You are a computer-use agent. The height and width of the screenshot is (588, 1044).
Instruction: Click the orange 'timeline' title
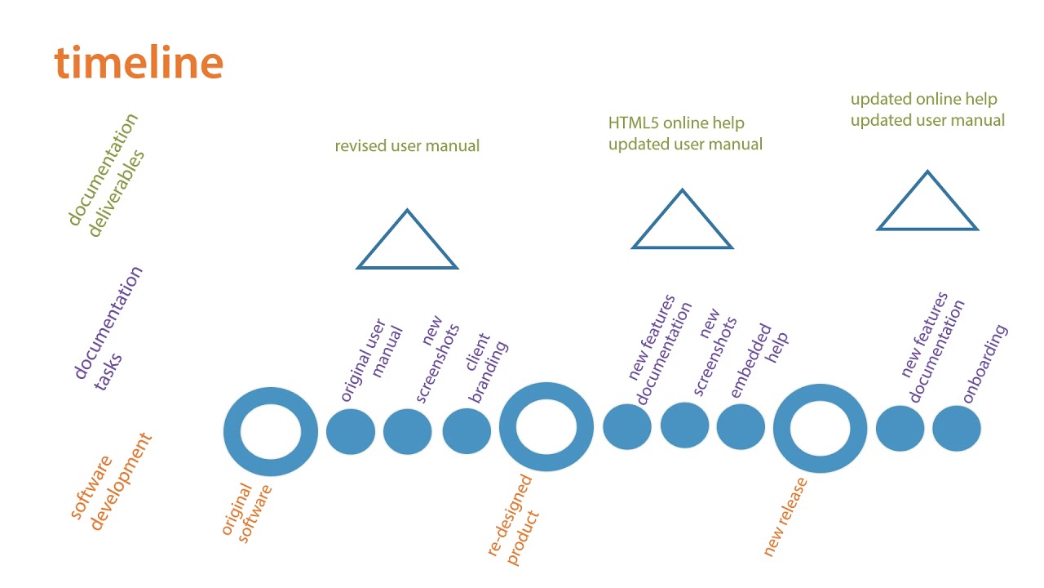tap(139, 62)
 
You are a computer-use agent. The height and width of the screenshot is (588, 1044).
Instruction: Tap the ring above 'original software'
tap(271, 432)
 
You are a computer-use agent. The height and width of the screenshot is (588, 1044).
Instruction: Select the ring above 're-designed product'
tap(546, 426)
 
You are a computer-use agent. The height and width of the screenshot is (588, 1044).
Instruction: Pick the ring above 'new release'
tap(820, 427)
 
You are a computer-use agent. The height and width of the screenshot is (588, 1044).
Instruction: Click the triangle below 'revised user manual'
tap(407, 245)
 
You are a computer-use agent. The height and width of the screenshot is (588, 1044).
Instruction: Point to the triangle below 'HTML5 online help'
tap(682, 225)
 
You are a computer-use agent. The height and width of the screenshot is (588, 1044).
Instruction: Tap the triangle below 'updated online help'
tap(927, 207)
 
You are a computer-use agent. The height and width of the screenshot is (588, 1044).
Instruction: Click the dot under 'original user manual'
tap(351, 431)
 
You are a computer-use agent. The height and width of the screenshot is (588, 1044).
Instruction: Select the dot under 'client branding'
tap(467, 431)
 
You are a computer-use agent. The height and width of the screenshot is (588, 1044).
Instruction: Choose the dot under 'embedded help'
tap(741, 427)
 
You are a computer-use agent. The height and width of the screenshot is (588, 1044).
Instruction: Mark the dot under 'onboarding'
tap(956, 428)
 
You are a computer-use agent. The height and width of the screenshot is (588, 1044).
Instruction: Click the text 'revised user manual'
tap(407, 146)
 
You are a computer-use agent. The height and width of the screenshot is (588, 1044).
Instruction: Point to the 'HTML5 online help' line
tap(676, 123)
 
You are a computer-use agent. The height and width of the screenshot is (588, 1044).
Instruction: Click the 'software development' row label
tap(111, 482)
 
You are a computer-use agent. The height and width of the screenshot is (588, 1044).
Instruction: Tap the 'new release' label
tap(785, 517)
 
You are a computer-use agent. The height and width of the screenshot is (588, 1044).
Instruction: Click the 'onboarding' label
tap(985, 364)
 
